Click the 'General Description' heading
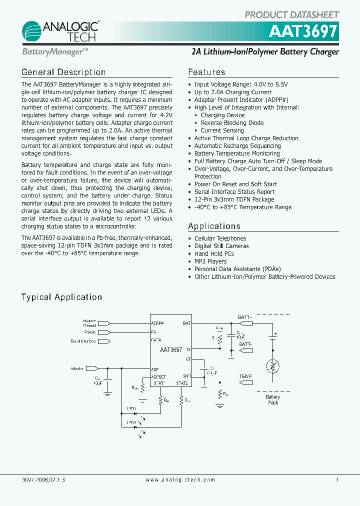[63, 72]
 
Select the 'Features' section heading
[206, 72]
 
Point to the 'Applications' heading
[214, 226]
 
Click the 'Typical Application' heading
[61, 297]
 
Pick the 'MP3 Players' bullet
[210, 261]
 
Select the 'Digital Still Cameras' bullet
[221, 246]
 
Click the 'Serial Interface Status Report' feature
[234, 192]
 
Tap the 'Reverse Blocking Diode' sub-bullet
[232, 123]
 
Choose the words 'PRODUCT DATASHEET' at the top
[291, 15]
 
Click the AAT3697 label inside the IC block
[171, 350]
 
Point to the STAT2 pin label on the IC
[181, 383]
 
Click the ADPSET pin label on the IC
[158, 376]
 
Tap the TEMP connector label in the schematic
[245, 376]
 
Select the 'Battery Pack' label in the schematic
[273, 399]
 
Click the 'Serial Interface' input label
[83, 341]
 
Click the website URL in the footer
[180, 479]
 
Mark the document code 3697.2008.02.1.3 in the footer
[43, 479]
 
